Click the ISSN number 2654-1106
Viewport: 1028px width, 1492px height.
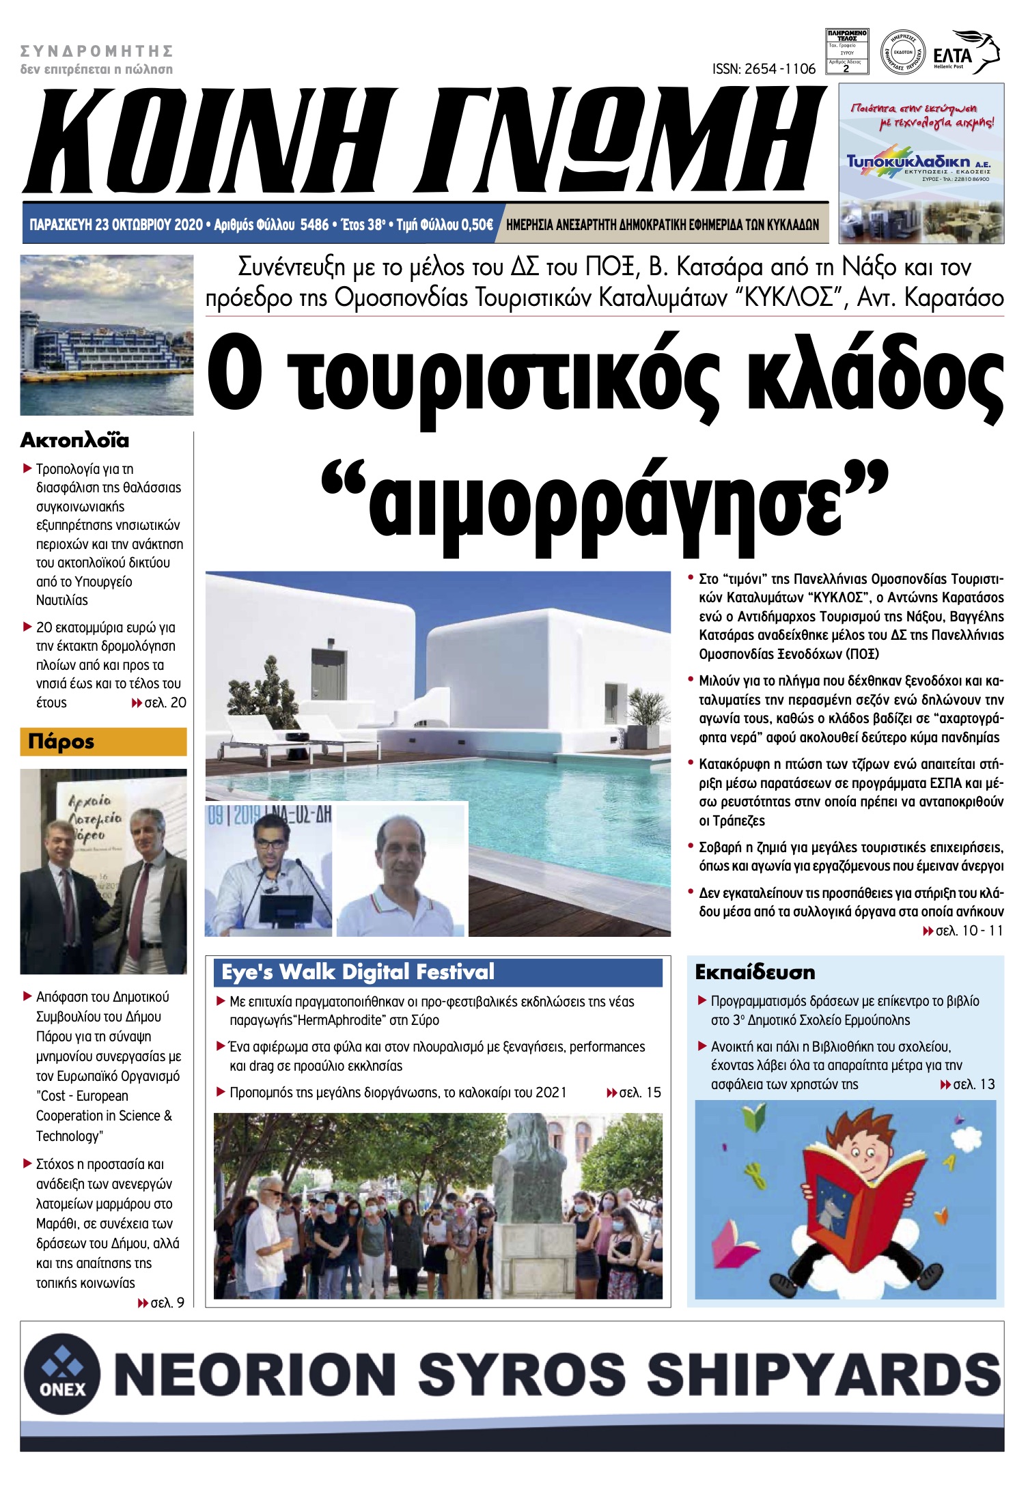click(764, 69)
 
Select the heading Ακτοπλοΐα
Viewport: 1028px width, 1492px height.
click(74, 440)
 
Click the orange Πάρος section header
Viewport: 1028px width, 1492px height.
click(103, 742)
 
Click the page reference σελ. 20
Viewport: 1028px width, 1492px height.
click(165, 703)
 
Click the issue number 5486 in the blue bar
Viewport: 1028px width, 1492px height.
click(314, 225)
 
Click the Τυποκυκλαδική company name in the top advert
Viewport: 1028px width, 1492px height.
click(908, 162)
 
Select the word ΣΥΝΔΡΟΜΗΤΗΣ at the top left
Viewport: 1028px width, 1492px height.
click(96, 51)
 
